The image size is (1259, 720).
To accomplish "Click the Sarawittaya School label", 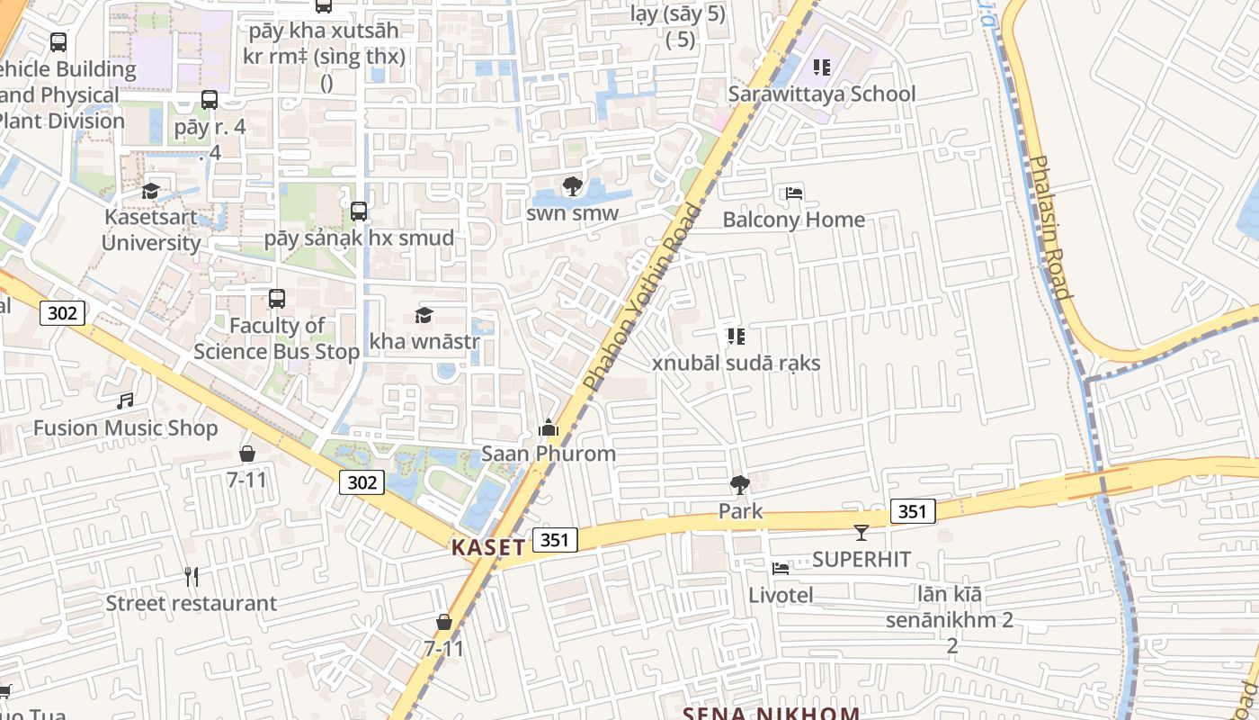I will [821, 94].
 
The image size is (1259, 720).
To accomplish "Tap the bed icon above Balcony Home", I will [793, 193].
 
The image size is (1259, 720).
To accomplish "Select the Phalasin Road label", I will [1049, 227].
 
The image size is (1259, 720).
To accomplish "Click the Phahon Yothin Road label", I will [642, 297].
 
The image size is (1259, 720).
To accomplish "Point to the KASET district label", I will [488, 547].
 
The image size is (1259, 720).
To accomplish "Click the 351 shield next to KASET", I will [555, 540].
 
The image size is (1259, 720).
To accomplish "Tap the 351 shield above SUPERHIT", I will [913, 512].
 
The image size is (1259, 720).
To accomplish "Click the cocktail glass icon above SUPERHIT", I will [861, 533].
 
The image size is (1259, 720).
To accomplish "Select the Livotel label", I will [781, 595].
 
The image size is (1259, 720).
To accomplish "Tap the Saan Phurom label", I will [549, 454].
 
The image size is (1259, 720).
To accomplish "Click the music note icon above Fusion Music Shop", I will [125, 401].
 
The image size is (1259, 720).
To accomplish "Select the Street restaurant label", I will [191, 603].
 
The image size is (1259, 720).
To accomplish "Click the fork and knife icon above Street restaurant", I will [191, 576].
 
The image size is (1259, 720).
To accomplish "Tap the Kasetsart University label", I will [151, 229].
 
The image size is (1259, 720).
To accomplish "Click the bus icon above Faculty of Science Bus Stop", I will [277, 299].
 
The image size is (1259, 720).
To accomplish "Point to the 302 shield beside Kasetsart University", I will [62, 313].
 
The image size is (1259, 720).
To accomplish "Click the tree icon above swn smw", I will [572, 187].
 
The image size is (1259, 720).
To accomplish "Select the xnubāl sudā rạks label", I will [736, 364].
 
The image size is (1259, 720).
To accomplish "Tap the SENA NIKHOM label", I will [771, 713].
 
